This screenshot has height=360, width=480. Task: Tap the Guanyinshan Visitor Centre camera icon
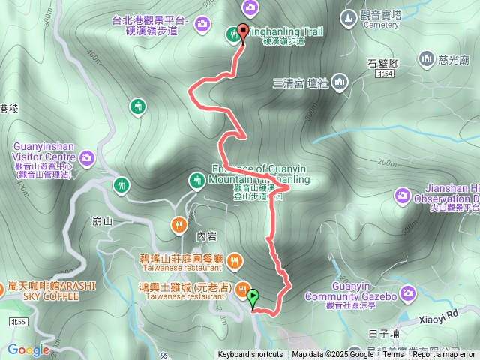pyautogui.click(x=88, y=157)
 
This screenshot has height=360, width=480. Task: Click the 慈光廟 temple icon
pyautogui.click(x=427, y=58)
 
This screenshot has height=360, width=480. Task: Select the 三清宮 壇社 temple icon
pyautogui.click(x=339, y=80)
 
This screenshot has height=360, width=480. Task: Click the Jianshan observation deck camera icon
pyautogui.click(x=402, y=196)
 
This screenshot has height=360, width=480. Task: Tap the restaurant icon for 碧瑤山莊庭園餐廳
pyautogui.click(x=235, y=259)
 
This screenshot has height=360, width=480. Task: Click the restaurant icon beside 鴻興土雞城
pyautogui.click(x=243, y=289)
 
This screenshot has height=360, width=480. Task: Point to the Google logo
pyautogui.click(x=28, y=349)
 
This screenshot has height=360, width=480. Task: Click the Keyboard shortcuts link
pyautogui.click(x=250, y=355)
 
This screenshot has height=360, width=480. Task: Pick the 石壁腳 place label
pyautogui.click(x=382, y=62)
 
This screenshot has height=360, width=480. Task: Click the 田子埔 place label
pyautogui.click(x=383, y=333)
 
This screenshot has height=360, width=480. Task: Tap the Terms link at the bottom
pyautogui.click(x=393, y=355)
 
